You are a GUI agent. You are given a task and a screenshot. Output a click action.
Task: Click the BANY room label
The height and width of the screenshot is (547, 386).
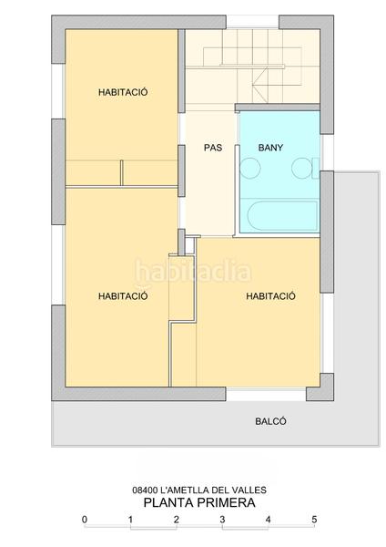point(271,147)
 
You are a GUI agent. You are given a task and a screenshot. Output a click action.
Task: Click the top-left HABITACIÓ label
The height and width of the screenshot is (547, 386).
point(123,92)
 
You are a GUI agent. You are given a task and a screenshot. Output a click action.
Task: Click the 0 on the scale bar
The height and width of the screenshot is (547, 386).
point(84,520)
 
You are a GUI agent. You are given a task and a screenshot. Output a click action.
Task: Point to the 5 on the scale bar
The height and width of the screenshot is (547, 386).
point(314,520)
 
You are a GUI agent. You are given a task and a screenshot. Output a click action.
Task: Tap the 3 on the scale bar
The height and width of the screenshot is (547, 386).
point(222,520)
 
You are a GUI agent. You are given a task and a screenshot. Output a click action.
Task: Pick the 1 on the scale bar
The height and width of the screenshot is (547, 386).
point(130,520)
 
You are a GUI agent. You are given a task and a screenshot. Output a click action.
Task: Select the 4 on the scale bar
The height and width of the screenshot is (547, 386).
point(268,520)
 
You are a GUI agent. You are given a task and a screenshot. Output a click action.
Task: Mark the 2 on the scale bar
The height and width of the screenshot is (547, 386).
point(176,520)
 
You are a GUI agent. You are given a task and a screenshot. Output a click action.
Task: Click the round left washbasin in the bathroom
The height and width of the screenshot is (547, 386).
point(249,168)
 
